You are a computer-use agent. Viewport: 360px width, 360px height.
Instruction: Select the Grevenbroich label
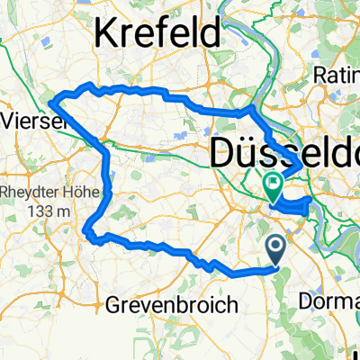pyautogui.click(x=172, y=304)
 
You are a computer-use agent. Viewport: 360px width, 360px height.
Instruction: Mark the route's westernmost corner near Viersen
pyautogui.click(x=51, y=101)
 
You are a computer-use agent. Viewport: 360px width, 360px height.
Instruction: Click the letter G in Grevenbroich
pyautogui.click(x=113, y=304)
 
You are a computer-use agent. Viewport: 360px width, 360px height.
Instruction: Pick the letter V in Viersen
pyautogui.click(x=8, y=119)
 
